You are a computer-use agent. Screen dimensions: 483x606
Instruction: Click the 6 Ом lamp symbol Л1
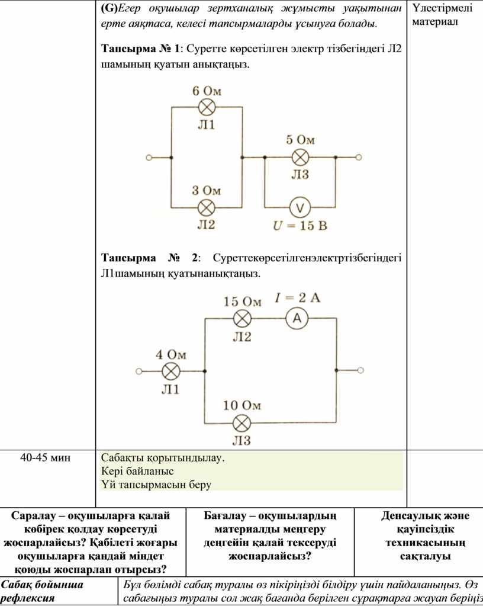coord(207,107)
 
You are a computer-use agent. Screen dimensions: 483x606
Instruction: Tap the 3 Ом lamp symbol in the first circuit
coord(207,208)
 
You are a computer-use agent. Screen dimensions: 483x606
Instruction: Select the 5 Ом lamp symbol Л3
coord(300,158)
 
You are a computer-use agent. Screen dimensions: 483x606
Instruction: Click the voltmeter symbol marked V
coord(300,208)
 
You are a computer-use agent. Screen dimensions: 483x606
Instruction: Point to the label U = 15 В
coord(300,225)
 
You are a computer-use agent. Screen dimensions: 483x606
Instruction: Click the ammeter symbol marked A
coord(297,318)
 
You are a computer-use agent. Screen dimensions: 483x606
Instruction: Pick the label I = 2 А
coord(297,297)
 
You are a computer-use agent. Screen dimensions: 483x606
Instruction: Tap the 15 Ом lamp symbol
coord(243,319)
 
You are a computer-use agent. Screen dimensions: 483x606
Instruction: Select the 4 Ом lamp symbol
coord(170,371)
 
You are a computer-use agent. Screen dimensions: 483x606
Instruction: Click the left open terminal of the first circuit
coord(149,158)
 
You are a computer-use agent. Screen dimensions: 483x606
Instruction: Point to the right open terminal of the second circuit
coord(360,370)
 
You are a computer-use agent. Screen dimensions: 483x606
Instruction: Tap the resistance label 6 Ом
coord(207,91)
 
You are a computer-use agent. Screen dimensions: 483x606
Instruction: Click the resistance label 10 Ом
coord(242,405)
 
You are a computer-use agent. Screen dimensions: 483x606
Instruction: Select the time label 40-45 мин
coord(46,457)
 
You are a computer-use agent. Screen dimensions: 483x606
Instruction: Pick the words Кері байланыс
coord(137,471)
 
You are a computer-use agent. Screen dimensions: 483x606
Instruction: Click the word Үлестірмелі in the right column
coord(443,8)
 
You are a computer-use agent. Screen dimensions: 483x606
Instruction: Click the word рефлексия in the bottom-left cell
coord(28,598)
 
